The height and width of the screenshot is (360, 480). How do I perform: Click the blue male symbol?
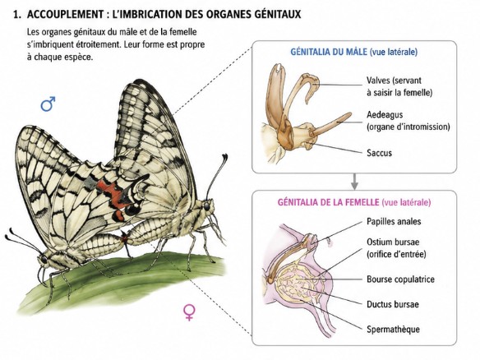point(48,104)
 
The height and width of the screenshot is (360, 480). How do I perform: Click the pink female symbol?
point(189,312)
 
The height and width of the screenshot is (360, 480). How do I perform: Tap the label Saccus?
point(379,152)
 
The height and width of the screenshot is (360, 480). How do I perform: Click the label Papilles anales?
point(394,221)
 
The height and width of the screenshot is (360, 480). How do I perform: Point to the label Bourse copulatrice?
point(400,279)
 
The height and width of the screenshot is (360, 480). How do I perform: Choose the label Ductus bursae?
point(393,304)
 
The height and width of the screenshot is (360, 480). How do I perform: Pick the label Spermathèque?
point(393,330)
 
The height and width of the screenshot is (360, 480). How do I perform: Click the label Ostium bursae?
point(393,242)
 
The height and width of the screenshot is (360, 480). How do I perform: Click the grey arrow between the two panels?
point(354,182)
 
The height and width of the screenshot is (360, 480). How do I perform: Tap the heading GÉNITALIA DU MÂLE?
point(329,52)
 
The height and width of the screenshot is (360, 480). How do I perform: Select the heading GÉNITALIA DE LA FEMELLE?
point(328,202)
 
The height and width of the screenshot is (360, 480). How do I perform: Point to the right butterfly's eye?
point(207,205)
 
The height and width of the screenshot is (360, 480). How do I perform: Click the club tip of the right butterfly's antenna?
point(225,158)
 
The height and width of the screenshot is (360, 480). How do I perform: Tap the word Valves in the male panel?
point(379,81)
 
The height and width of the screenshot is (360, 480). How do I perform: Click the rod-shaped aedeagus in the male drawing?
point(331,124)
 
